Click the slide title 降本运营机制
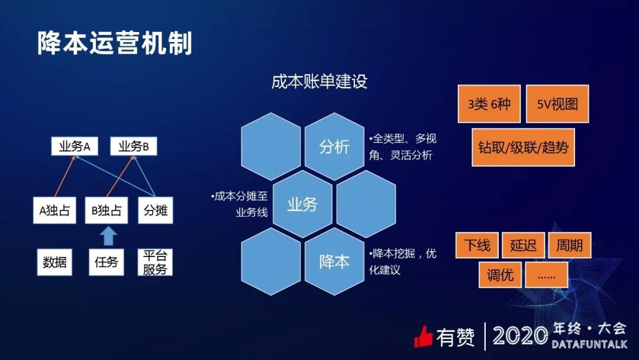[x=115, y=43]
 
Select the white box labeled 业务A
[x=75, y=146]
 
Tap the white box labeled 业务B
[x=134, y=146]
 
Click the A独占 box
[x=54, y=210]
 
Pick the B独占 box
[x=106, y=210]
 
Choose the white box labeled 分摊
[x=155, y=210]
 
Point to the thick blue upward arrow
[x=108, y=236]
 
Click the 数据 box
[x=54, y=262]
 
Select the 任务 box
[x=106, y=262]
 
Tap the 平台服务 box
[x=155, y=262]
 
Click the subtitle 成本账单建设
[x=319, y=81]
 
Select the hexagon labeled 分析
[x=334, y=146]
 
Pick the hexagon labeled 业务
[x=302, y=204]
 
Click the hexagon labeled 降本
[x=334, y=261]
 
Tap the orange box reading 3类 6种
[x=489, y=104]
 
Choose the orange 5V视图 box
[x=557, y=104]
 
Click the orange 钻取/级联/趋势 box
[x=523, y=147]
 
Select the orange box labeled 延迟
[x=523, y=245]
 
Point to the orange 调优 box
[x=500, y=275]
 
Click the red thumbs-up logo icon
[x=423, y=337]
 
